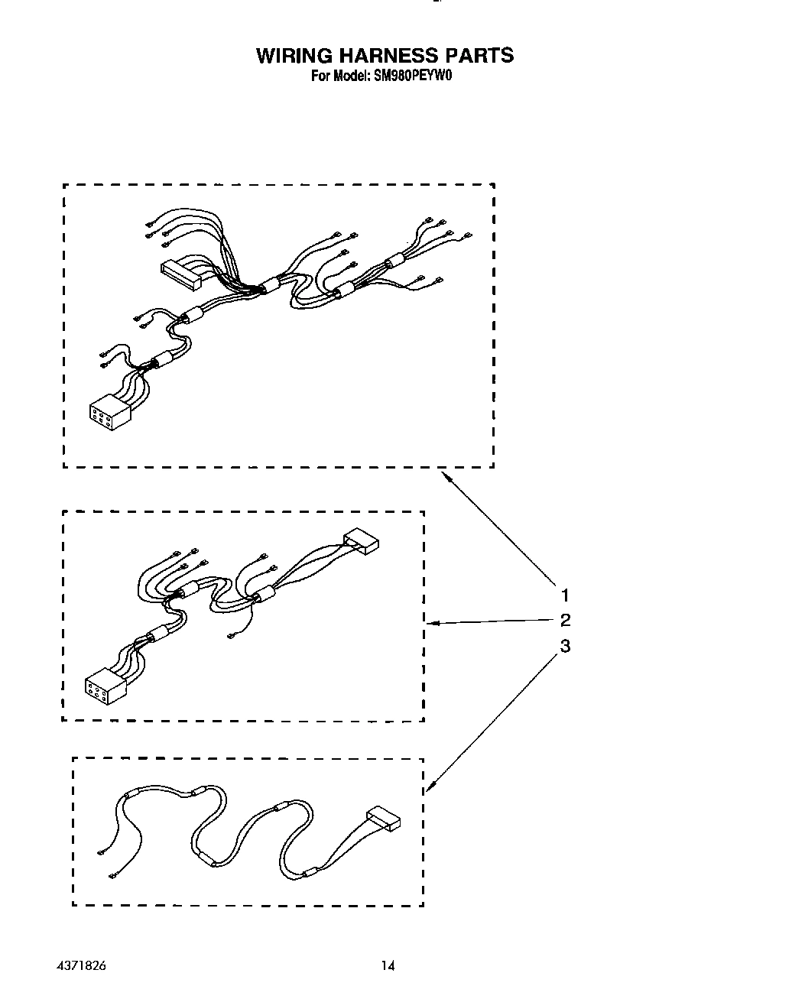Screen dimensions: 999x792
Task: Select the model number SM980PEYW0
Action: [x=413, y=76]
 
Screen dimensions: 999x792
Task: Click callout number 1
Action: [x=565, y=595]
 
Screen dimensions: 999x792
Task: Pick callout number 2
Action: [x=565, y=620]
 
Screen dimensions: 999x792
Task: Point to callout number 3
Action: [x=565, y=646]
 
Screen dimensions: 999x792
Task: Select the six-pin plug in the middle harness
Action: [x=102, y=685]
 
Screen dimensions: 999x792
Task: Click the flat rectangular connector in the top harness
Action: [x=180, y=274]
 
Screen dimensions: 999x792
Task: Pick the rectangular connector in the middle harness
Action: [x=362, y=542]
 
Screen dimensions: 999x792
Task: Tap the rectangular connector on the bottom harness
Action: [x=384, y=819]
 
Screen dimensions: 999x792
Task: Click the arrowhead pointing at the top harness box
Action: [x=446, y=476]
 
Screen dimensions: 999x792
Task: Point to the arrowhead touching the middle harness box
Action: [x=430, y=623]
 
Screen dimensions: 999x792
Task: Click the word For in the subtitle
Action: [x=320, y=76]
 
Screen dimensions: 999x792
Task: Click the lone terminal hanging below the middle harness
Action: [x=230, y=635]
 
